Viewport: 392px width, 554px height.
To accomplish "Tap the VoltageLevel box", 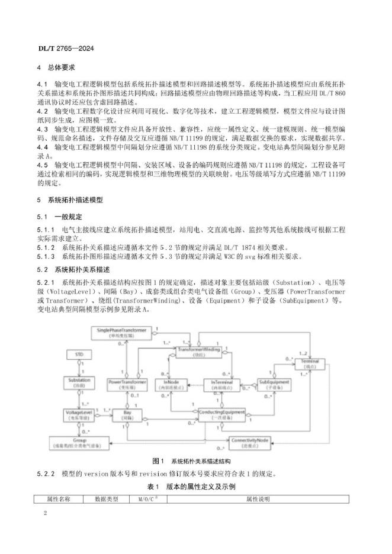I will tap(79, 413).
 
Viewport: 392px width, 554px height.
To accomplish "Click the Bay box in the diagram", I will tap(127, 413).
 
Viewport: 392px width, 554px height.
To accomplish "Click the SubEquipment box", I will tap(274, 385).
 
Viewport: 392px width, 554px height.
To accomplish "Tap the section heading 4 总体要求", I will tap(60, 67).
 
